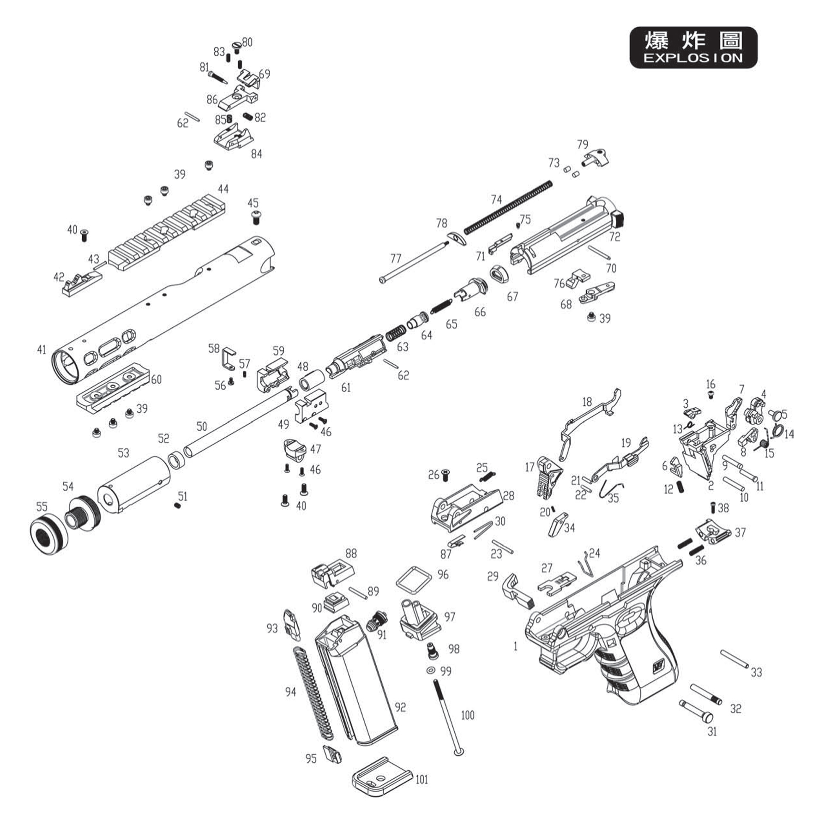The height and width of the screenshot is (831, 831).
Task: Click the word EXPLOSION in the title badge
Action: click(x=693, y=58)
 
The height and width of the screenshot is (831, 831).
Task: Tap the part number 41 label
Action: click(x=42, y=349)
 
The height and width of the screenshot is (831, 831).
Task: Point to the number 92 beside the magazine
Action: click(x=400, y=707)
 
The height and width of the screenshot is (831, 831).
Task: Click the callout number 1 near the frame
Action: click(x=516, y=646)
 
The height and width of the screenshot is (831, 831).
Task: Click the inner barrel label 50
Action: click(x=202, y=426)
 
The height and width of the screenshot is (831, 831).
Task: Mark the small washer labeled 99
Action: click(x=431, y=670)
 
